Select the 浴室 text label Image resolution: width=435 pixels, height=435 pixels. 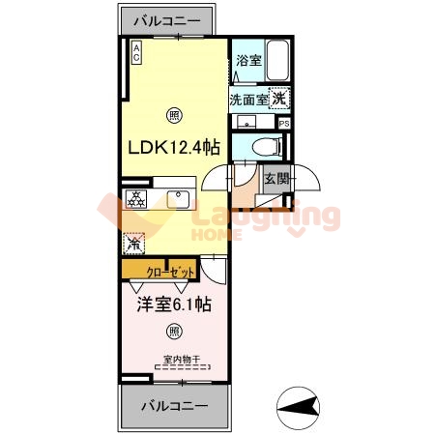[247, 61]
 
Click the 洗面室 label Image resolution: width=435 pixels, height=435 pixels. [248, 99]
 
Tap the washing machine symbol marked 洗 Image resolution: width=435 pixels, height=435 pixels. [278, 98]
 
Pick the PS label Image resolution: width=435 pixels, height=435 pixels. [283, 124]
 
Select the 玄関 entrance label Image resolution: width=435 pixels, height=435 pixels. [275, 177]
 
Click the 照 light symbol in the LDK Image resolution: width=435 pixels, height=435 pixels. [173, 114]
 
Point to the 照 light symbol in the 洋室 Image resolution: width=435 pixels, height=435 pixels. [173, 331]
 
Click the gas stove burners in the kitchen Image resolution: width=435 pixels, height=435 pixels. [137, 199]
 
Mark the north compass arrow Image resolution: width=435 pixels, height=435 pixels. [300, 405]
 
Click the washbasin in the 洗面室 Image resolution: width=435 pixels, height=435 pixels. [246, 122]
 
